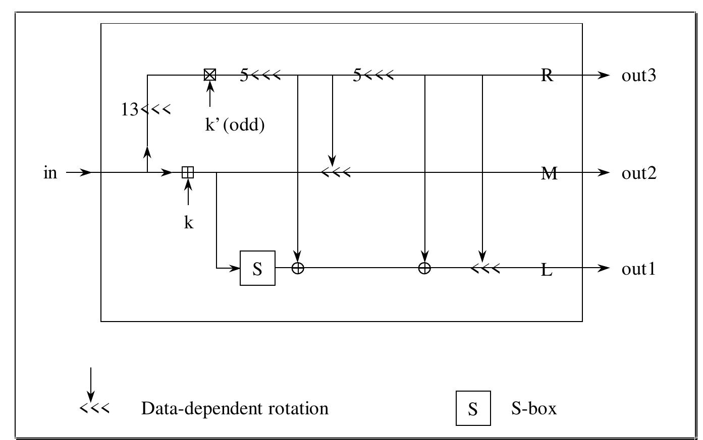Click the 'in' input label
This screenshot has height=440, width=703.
50,173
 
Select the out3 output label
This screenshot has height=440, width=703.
638,76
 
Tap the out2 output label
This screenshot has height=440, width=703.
638,173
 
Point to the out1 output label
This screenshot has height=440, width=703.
638,269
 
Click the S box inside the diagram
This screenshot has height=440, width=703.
257,268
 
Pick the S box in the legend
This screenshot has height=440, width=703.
473,408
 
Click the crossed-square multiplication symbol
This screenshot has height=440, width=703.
209,75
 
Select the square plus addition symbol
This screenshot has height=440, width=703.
188,173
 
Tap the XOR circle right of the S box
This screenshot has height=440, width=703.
298,268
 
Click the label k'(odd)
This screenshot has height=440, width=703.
235,124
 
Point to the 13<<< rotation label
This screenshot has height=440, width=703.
146,109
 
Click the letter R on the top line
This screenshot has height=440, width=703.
547,76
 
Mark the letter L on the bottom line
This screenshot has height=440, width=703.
547,270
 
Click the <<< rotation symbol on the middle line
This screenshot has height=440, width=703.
336,173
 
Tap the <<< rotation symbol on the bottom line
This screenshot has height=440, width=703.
485,268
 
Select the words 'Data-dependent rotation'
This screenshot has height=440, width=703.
235,408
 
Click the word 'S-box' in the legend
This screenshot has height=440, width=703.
534,408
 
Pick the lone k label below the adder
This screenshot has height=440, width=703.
188,222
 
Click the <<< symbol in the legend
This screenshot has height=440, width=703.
94,408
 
